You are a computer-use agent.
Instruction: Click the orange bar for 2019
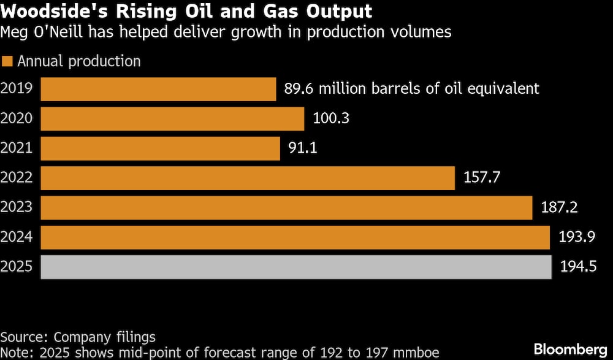tap(158, 89)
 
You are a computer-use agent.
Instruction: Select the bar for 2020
tap(172, 118)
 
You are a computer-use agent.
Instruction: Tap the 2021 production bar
tap(160, 148)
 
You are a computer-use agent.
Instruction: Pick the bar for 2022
tap(248, 178)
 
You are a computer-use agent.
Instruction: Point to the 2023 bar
tap(286, 207)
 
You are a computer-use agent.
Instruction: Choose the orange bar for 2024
tap(295, 237)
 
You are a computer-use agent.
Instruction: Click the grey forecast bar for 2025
tap(296, 267)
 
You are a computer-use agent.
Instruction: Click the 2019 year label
tap(17, 89)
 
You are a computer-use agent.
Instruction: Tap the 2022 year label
tap(17, 178)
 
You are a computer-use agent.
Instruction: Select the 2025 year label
tap(17, 267)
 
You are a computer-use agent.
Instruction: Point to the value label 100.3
tap(331, 118)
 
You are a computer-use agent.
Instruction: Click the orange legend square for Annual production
tap(7, 61)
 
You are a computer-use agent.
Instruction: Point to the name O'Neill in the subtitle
tap(68, 32)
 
